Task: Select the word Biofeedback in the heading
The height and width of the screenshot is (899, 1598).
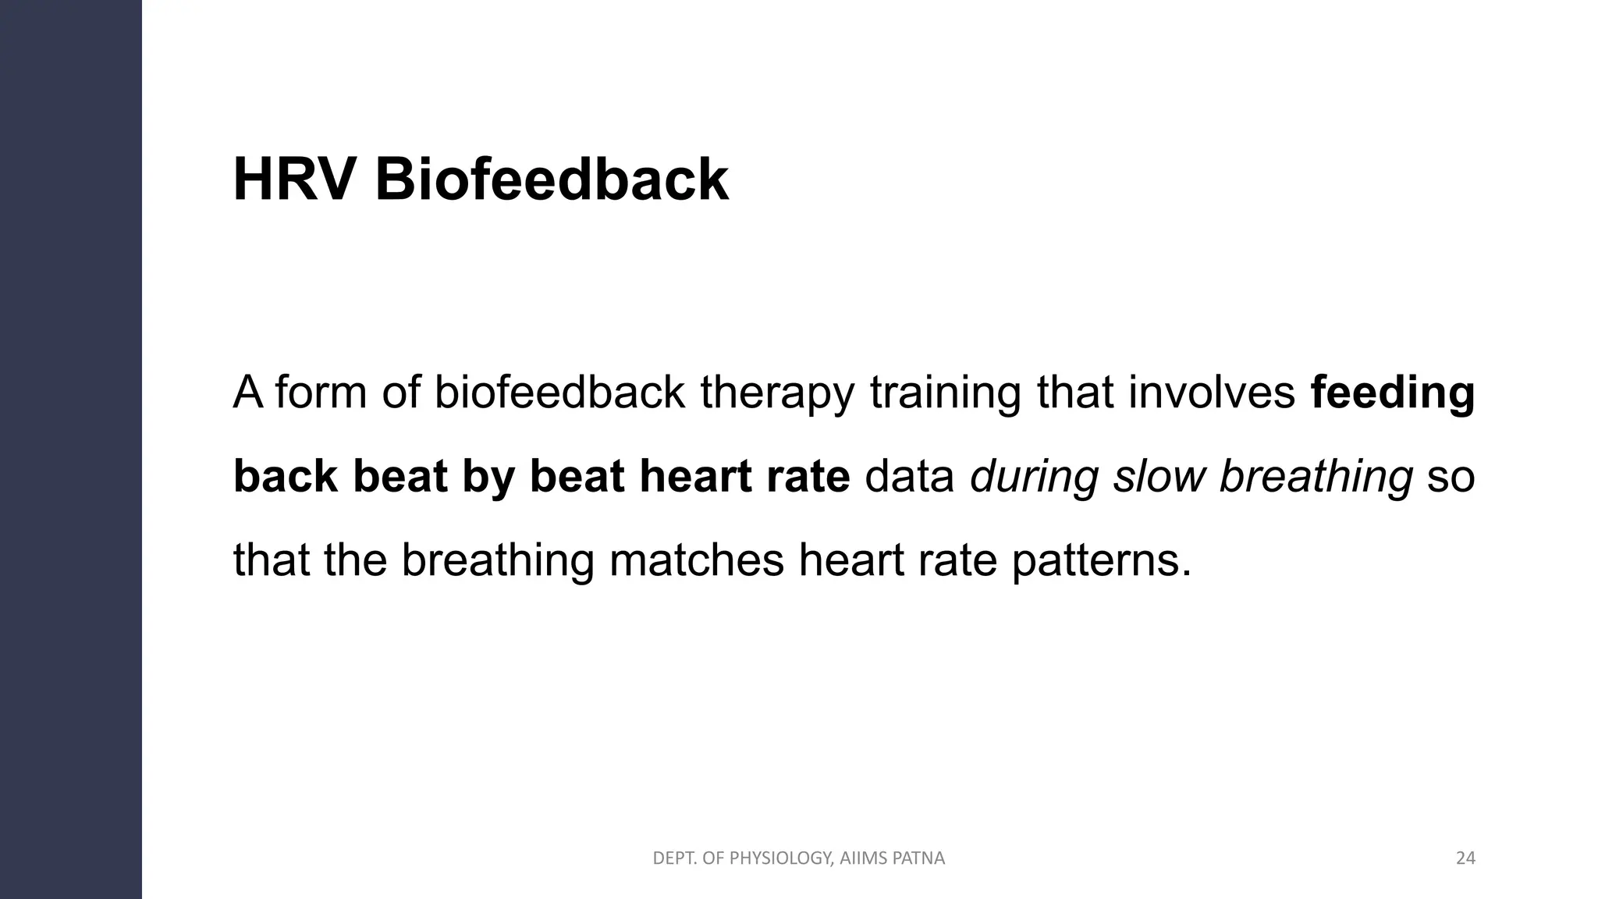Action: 552,180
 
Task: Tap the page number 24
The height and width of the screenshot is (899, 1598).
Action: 1465,858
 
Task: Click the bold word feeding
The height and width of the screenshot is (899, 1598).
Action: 1393,393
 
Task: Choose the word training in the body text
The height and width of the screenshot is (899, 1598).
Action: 945,393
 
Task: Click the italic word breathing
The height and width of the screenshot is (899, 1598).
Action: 1316,476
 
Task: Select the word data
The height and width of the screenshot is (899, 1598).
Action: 910,476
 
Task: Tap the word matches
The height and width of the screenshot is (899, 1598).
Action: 696,560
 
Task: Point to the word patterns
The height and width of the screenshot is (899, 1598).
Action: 1102,560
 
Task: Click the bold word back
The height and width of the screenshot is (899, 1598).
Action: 285,476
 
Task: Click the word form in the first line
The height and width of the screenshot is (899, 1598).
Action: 321,393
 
